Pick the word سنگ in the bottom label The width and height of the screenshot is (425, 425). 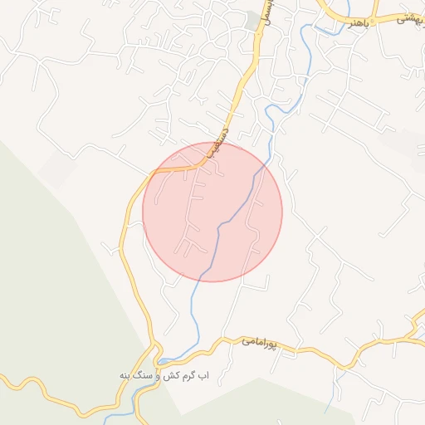click(x=145, y=375)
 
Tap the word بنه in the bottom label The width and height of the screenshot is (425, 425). click(x=126, y=375)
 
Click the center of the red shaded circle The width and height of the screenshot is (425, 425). click(x=212, y=212)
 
